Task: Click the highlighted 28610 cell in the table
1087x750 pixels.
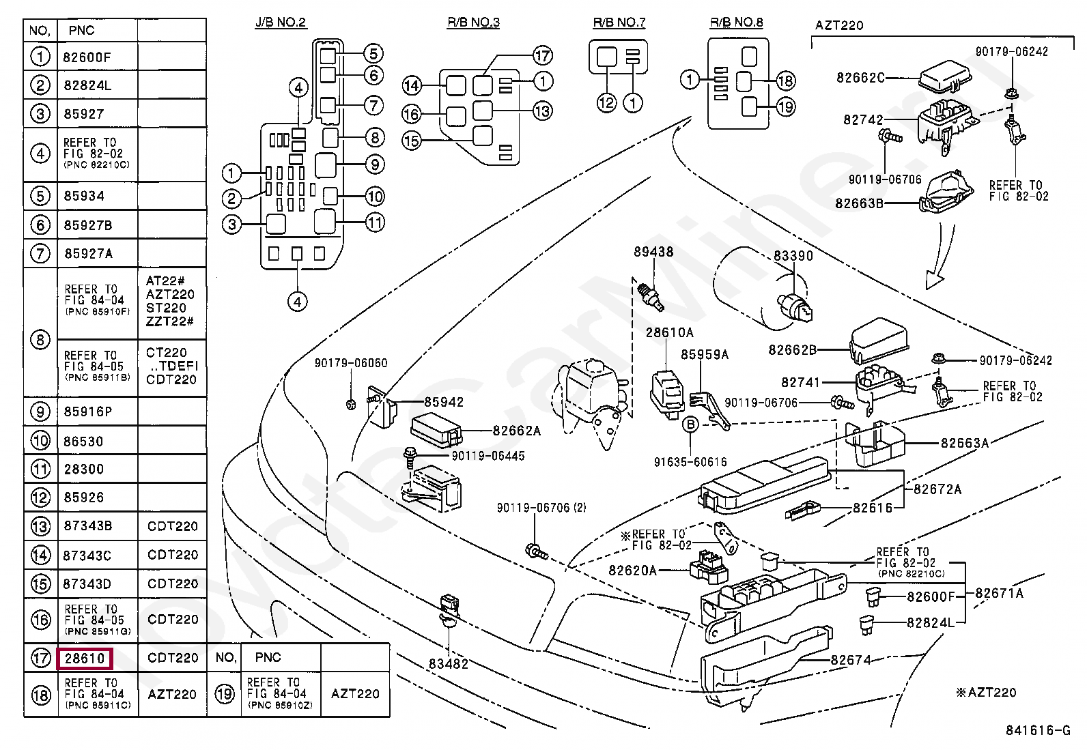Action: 85,658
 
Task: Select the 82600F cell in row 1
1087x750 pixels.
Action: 87,57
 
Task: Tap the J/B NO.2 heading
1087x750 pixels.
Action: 281,23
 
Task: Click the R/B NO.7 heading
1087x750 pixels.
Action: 619,23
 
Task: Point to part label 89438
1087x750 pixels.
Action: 653,252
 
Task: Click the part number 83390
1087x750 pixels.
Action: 793,255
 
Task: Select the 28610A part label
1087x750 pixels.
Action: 670,332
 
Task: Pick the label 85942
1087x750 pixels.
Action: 444,402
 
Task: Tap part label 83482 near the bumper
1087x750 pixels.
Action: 449,663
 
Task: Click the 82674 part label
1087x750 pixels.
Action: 851,660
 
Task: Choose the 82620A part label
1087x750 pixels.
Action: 632,571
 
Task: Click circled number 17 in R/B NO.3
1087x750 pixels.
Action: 541,55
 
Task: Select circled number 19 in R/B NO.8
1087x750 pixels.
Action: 786,106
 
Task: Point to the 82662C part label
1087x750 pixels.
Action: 860,78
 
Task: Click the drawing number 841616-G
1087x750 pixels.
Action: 1037,731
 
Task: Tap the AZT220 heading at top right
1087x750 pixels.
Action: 839,26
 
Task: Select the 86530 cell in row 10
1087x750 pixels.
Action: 83,442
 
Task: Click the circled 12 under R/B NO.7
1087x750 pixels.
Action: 606,103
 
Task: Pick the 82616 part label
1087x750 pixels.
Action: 873,508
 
